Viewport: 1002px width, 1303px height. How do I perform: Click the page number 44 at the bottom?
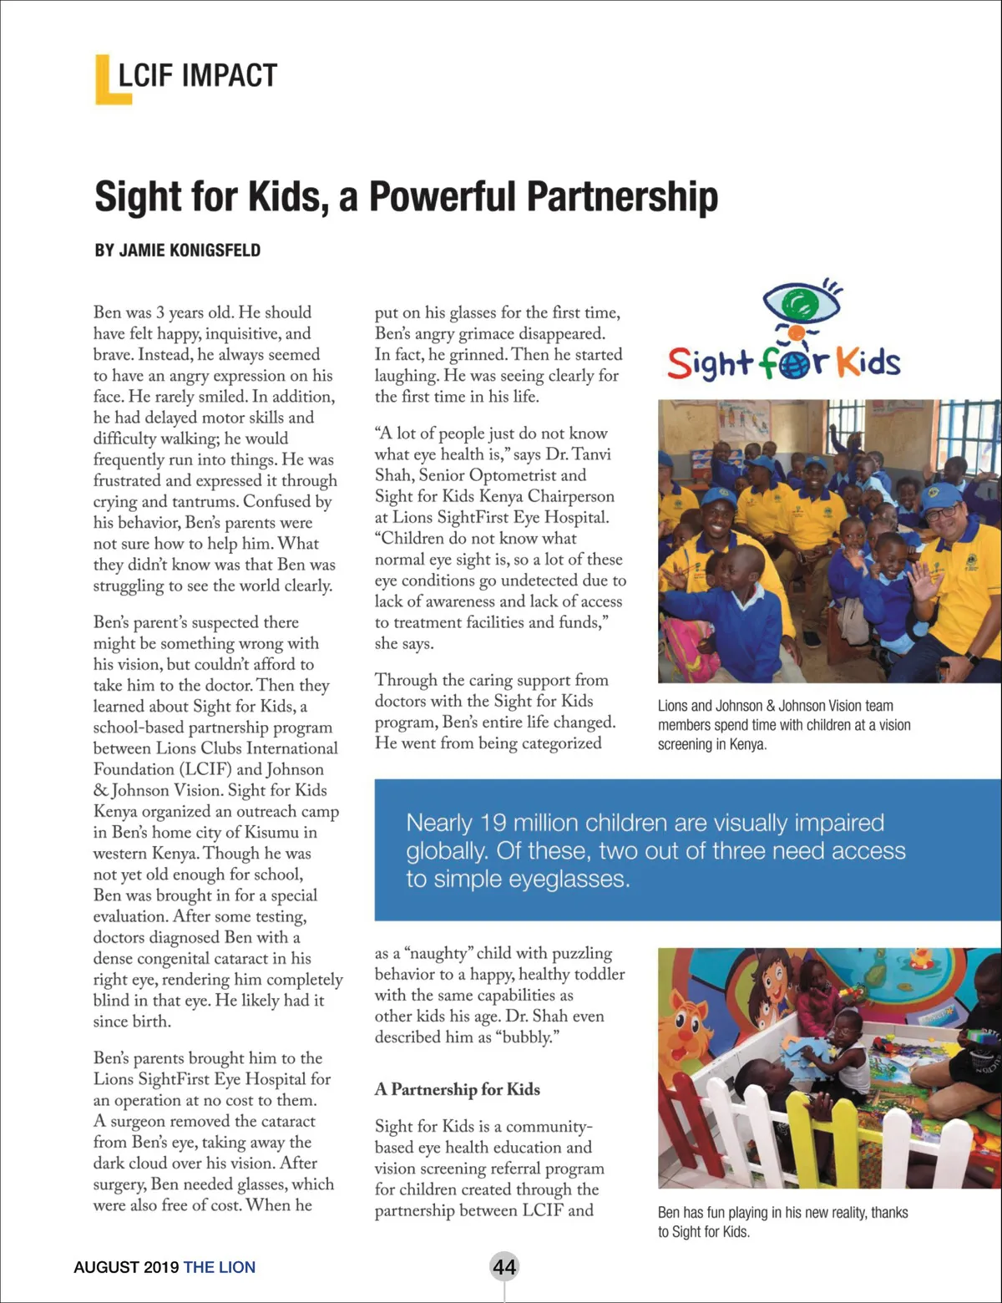click(504, 1266)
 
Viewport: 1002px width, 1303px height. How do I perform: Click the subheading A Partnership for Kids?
click(457, 1089)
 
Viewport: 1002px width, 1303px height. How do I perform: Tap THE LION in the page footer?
click(219, 1267)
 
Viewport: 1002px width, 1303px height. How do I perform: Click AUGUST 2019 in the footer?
click(125, 1267)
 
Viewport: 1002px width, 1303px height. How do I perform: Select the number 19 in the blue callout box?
click(493, 823)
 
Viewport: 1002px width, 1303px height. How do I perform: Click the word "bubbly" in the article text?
click(525, 1037)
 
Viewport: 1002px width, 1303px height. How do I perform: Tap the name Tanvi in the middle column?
click(591, 454)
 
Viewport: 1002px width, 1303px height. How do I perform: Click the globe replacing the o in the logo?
click(795, 364)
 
